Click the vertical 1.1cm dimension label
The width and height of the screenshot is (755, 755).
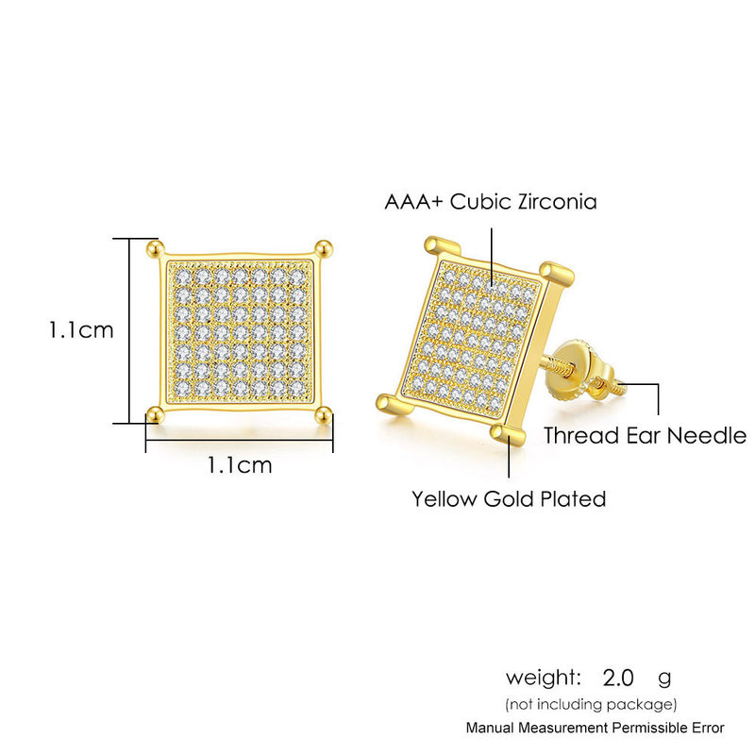tap(81, 330)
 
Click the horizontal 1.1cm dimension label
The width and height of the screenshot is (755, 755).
tap(240, 465)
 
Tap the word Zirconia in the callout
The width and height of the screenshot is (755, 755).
tap(557, 201)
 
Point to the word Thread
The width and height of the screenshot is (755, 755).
tap(581, 436)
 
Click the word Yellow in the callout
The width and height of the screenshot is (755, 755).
tap(444, 499)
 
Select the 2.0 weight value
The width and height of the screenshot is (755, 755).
tap(618, 678)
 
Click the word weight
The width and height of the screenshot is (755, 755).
tap(544, 679)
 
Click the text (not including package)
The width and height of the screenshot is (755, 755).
tap(591, 704)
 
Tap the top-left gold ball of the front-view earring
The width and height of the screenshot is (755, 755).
tap(154, 248)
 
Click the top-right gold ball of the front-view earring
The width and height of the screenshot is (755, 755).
tap(324, 248)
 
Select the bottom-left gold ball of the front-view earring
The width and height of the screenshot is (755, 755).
tap(155, 414)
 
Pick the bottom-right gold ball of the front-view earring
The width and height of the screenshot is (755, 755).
tap(324, 414)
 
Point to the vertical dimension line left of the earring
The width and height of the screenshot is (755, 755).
tap(129, 331)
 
